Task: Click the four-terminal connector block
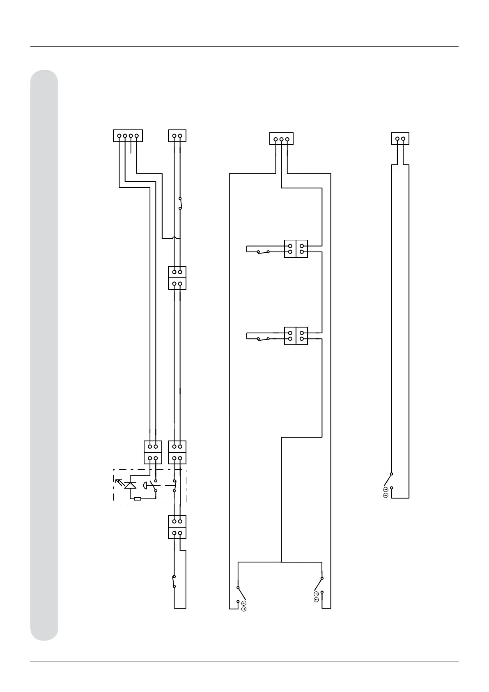(128, 136)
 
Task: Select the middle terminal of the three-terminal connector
(281, 139)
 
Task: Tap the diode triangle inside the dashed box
(131, 485)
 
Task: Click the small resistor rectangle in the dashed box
(138, 498)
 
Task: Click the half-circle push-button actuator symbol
(145, 485)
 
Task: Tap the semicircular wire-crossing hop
(174, 237)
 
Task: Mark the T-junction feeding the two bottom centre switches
(281, 562)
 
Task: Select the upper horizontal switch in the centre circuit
(263, 251)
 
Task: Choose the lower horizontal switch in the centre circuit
(263, 339)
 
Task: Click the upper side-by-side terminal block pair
(296, 249)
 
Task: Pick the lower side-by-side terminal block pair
(296, 336)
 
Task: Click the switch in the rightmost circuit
(388, 480)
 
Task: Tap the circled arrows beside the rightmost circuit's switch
(386, 493)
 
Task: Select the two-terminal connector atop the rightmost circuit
(400, 139)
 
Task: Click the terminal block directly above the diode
(153, 452)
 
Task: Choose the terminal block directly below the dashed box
(177, 527)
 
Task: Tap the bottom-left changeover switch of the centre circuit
(241, 594)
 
